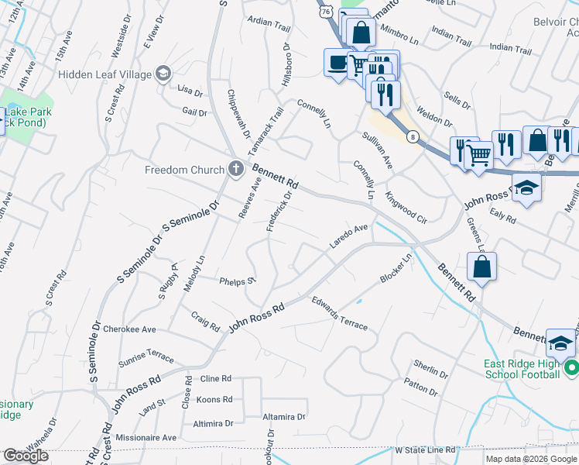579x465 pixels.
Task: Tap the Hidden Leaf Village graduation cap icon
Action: point(163,74)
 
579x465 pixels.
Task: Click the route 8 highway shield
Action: point(414,137)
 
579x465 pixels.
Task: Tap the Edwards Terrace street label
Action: point(339,313)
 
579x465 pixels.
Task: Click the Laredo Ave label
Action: point(348,236)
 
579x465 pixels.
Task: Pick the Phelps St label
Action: point(237,281)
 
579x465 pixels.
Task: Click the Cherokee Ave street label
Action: point(129,329)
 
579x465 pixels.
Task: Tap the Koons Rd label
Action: point(215,400)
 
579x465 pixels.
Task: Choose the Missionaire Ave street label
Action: point(147,437)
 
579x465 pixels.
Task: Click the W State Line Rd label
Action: point(425,449)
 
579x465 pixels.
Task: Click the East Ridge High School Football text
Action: point(521,370)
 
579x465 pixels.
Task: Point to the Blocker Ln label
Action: point(396,268)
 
